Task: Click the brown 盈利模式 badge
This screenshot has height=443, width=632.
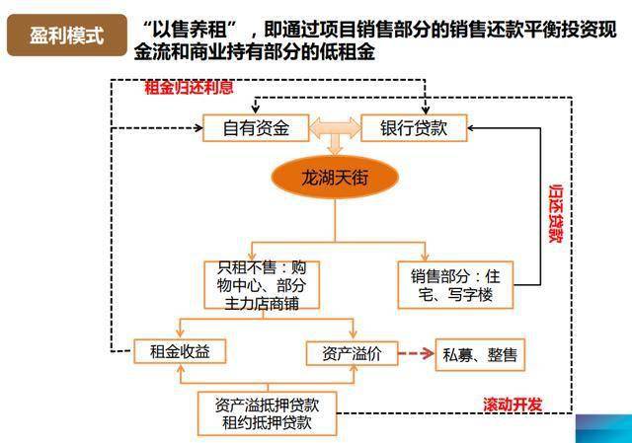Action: [x=67, y=36]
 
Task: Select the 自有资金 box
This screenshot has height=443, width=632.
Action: [x=256, y=128]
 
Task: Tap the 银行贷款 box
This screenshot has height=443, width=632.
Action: [x=414, y=128]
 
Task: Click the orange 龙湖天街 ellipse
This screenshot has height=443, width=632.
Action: [x=335, y=178]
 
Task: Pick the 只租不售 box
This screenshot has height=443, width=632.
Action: [x=262, y=285]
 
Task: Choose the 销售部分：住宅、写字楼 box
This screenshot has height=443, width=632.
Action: [x=455, y=285]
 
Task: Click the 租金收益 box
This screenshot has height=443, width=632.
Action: [x=180, y=351]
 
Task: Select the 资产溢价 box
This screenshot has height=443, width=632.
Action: [x=353, y=353]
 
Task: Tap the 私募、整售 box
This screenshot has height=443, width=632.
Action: [x=480, y=355]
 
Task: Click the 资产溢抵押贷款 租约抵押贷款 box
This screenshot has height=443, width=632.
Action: [x=268, y=413]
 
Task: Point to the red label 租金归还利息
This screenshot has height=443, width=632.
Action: [x=189, y=87]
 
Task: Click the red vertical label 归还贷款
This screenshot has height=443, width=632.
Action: [x=556, y=213]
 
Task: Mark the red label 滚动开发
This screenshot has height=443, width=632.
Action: [x=513, y=405]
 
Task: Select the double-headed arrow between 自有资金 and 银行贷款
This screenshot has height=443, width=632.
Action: [x=335, y=128]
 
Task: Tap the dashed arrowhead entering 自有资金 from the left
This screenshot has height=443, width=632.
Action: [x=199, y=128]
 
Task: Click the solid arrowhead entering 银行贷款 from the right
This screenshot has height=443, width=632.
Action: [x=472, y=128]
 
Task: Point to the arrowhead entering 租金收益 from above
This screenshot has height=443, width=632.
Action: [x=180, y=333]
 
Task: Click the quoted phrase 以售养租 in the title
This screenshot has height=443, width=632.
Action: [x=190, y=29]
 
